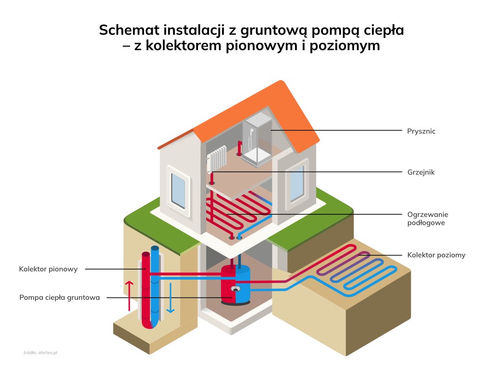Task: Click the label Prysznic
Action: tap(421, 131)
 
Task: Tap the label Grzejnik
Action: tap(420, 172)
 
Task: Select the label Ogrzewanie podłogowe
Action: tap(427, 219)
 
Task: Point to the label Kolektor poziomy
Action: tap(436, 255)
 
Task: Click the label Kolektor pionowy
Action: tap(48, 269)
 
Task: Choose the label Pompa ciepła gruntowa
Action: tap(60, 297)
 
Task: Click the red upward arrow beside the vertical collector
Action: tap(129, 295)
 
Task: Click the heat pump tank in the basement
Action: tap(235, 285)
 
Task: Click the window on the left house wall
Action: tap(178, 190)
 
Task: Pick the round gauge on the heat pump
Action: tap(235, 289)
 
